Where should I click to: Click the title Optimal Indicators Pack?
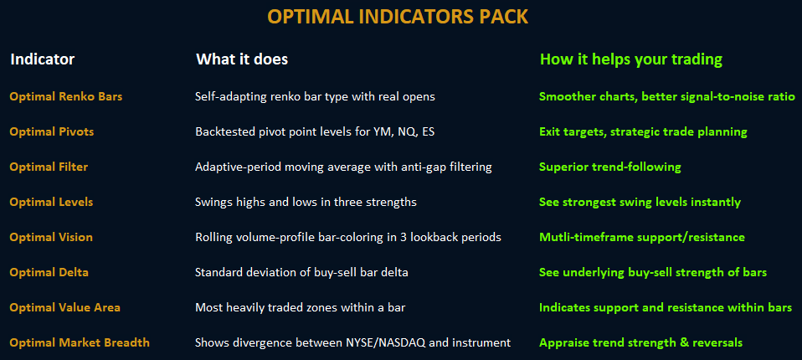click(398, 17)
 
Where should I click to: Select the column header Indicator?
click(43, 59)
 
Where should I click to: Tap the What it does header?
click(242, 59)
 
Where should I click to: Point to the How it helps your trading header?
click(631, 59)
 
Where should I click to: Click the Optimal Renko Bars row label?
click(66, 96)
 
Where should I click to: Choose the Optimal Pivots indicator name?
click(52, 132)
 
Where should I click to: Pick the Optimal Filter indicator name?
click(49, 167)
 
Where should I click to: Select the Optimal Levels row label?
click(51, 202)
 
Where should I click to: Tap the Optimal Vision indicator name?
click(51, 237)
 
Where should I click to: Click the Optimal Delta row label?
click(49, 273)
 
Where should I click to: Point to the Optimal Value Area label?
click(65, 307)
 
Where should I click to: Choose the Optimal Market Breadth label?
click(80, 342)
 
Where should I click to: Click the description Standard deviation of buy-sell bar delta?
click(301, 273)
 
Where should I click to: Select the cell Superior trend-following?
click(610, 167)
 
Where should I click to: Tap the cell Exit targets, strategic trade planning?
click(643, 132)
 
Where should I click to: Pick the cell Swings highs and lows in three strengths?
click(306, 203)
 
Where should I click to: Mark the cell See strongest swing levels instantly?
click(640, 203)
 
